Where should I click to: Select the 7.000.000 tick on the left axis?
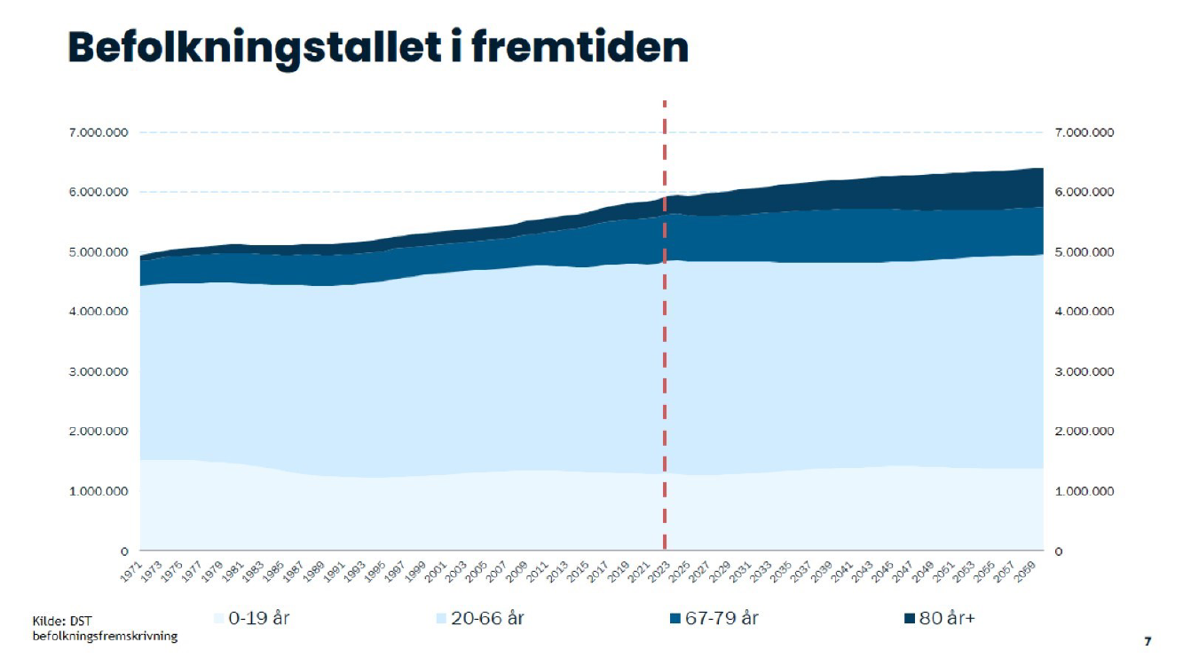coord(99,133)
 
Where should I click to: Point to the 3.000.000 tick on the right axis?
coord(1084,372)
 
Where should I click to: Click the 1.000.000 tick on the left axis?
coord(99,491)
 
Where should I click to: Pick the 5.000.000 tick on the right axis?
coord(1084,252)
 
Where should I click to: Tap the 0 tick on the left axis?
coord(125,551)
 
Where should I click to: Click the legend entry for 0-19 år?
coord(252,618)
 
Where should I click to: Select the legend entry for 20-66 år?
coord(479,618)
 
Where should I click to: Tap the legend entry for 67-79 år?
coord(714,618)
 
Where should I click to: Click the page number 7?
coord(1148,641)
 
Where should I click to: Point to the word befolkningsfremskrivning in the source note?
coord(105,636)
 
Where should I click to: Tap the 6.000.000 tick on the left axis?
coord(99,193)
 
